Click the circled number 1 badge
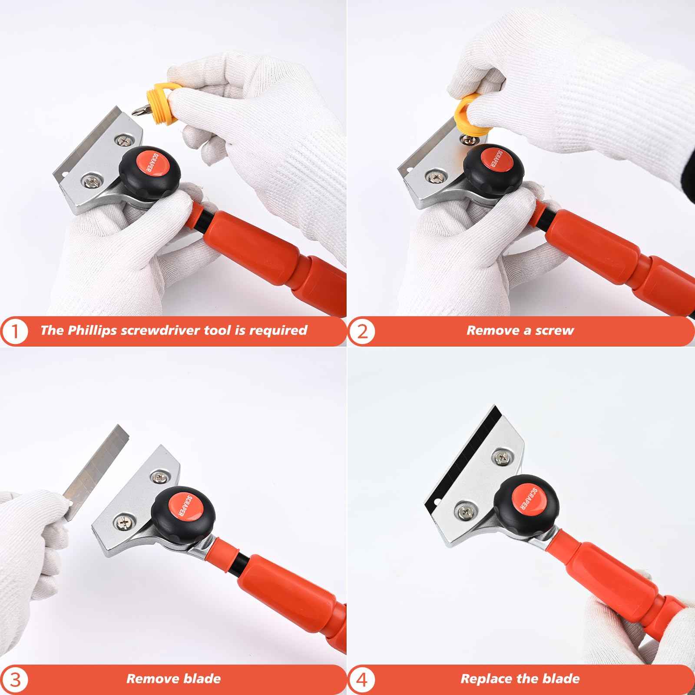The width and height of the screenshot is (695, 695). (16, 331)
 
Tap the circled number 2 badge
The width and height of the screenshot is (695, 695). (362, 331)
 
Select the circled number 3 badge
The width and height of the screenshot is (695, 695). (16, 678)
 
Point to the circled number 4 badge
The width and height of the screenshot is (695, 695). (362, 678)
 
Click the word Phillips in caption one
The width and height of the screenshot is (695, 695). (92, 330)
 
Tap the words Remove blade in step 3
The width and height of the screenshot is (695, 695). (173, 678)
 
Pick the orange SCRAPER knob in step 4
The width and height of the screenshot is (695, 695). (528, 499)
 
